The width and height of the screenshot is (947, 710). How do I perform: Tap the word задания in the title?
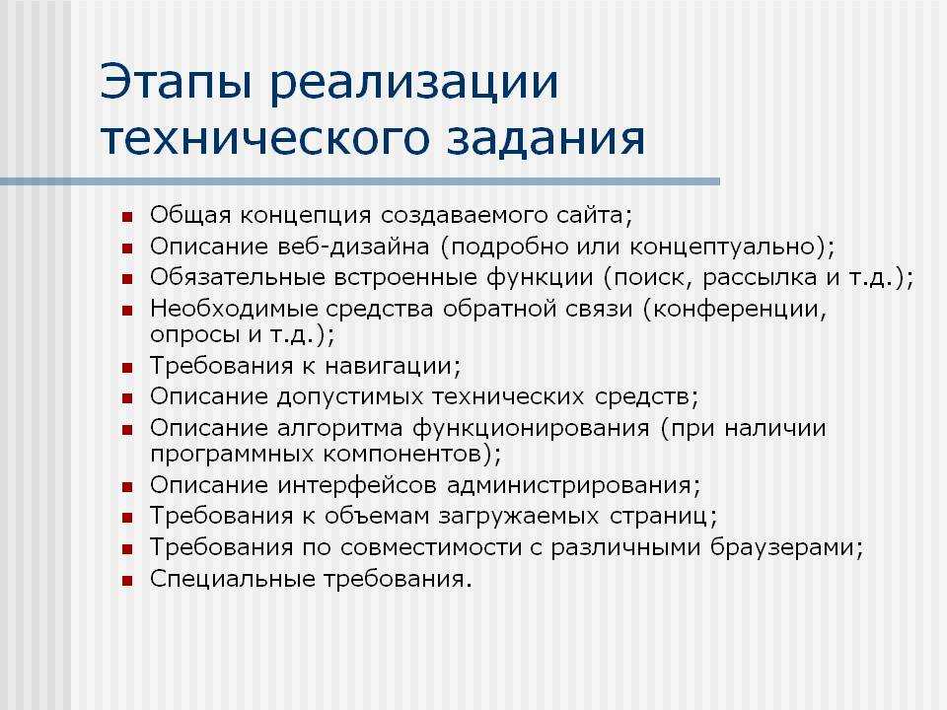[x=546, y=138]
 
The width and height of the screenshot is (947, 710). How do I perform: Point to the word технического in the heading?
[x=265, y=138]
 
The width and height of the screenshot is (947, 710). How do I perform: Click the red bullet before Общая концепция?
[x=127, y=217]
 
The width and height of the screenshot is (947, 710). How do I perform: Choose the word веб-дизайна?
[x=353, y=247]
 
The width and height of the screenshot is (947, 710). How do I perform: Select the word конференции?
[x=735, y=309]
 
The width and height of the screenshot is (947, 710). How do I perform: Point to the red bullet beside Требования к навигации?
[x=127, y=368]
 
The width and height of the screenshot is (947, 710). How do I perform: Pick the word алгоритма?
[x=340, y=428]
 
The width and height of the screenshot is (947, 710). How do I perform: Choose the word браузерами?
[x=782, y=547]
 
